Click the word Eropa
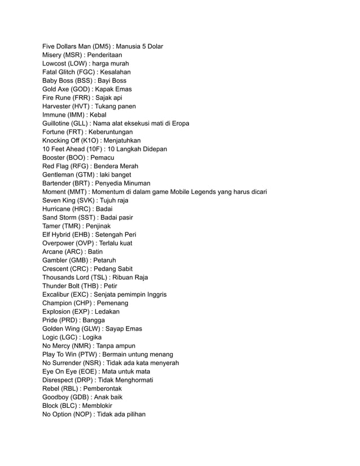pos(180,124)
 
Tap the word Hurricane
pos(59,209)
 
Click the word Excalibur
pos(58,294)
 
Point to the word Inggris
pos(155,294)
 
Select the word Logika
pos(92,337)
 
